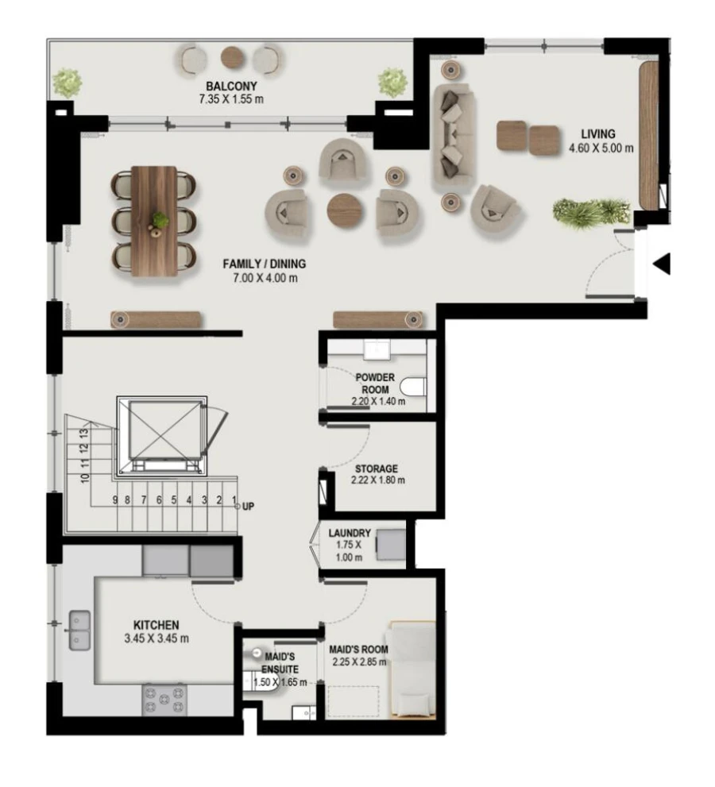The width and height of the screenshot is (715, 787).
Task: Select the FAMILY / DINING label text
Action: [265, 271]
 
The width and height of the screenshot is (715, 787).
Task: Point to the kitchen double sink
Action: [79, 629]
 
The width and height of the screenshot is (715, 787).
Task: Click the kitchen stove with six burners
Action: [164, 700]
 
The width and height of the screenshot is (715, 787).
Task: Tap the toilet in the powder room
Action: [412, 387]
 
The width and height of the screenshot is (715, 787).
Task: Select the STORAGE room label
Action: [376, 474]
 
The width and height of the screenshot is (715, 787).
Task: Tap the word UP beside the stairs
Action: [248, 506]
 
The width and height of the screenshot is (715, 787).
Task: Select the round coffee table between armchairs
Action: [344, 210]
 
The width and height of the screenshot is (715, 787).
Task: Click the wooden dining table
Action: [154, 220]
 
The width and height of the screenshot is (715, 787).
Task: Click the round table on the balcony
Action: [233, 56]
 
